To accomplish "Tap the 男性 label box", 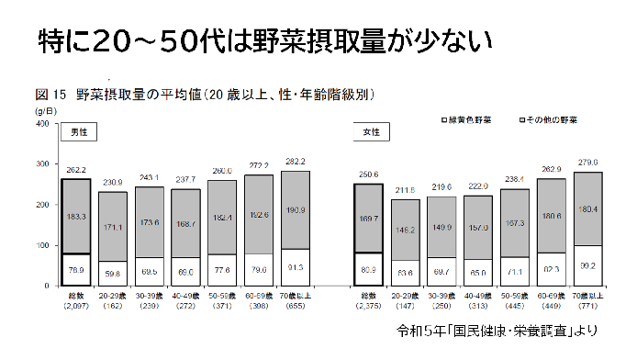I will pyautogui.click(x=78, y=132).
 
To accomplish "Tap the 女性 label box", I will pyautogui.click(x=371, y=132).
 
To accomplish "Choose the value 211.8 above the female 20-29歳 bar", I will pyautogui.click(x=407, y=190).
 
